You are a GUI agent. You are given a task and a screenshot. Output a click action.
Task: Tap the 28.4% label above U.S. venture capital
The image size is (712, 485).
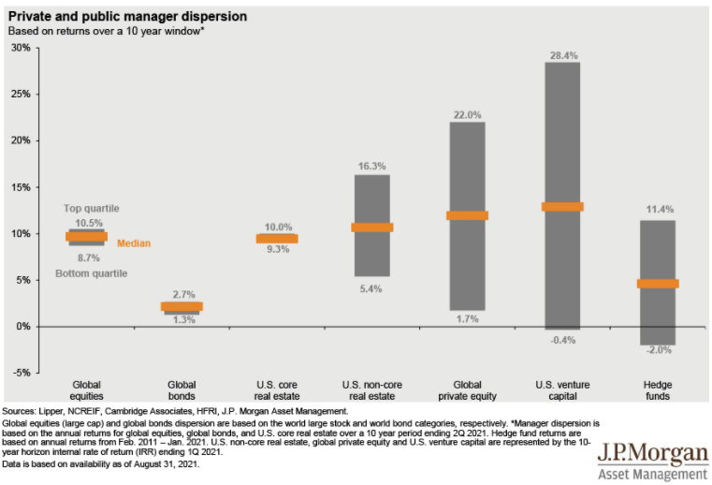[x=563, y=54]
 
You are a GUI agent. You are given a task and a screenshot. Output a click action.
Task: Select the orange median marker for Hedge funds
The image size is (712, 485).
[x=659, y=284]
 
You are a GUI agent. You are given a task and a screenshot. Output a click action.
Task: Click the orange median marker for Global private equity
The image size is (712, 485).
[x=468, y=215]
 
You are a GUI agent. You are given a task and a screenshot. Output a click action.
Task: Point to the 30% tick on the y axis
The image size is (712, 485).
[x=21, y=48]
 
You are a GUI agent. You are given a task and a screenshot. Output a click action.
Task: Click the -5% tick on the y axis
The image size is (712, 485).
[x=21, y=373]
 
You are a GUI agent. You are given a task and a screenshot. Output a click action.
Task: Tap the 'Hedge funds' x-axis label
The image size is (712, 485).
[x=659, y=389]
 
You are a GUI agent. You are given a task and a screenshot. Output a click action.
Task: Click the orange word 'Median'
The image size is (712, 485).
[x=133, y=243]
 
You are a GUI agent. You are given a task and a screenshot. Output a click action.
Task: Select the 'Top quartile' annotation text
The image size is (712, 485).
[x=91, y=208]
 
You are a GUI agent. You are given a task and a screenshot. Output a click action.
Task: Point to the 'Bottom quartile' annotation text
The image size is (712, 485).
[x=91, y=273]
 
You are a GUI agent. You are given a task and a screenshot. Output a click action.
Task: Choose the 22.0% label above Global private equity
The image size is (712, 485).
[x=468, y=115]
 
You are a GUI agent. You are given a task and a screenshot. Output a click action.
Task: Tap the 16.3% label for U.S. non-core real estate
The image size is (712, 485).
[x=372, y=167]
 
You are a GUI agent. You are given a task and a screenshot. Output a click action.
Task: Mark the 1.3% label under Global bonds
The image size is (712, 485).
[x=182, y=320]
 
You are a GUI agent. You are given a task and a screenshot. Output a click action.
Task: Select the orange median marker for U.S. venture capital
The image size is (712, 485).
[x=563, y=207]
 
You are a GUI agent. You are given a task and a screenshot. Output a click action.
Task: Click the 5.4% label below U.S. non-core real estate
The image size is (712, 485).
[x=372, y=288]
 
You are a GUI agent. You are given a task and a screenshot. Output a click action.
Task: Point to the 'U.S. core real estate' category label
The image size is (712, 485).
[x=277, y=389]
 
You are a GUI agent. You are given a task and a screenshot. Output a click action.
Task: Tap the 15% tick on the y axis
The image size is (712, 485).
[x=21, y=187]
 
